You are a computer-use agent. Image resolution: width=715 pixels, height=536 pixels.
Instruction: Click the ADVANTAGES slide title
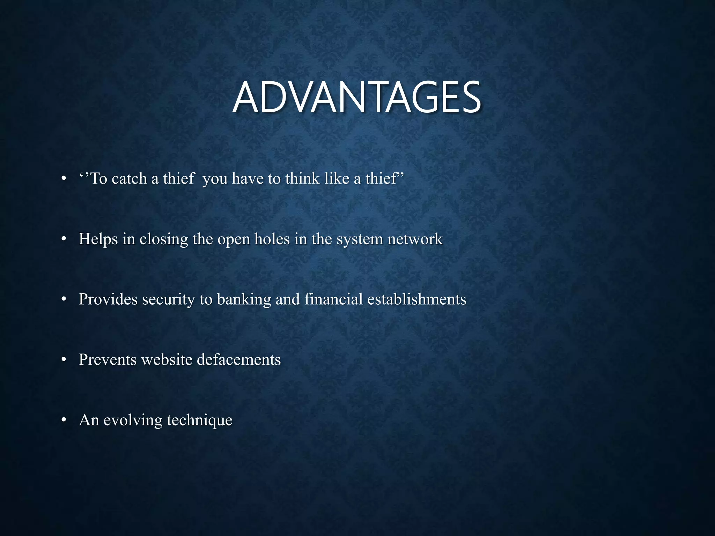tap(357, 98)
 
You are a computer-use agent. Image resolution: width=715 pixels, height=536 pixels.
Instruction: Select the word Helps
tap(98, 239)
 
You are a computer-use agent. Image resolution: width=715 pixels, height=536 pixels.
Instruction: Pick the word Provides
tap(108, 299)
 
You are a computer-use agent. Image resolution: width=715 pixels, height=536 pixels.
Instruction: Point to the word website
tap(167, 360)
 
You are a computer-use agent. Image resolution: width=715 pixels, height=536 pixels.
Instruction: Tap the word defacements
tap(239, 360)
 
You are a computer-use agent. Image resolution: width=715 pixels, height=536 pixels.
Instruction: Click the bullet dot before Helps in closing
tap(63, 239)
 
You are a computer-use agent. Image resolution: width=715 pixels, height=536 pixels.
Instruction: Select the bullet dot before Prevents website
tap(63, 360)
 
